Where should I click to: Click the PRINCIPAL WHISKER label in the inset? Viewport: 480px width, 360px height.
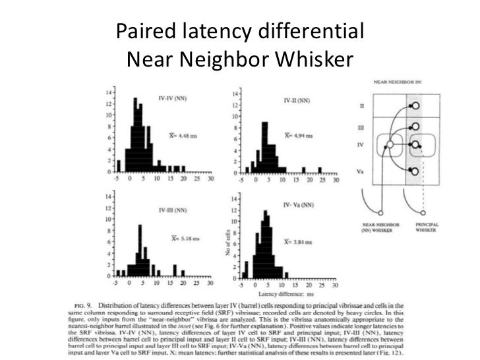click(x=427, y=227)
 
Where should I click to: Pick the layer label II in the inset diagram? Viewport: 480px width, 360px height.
click(x=361, y=105)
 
